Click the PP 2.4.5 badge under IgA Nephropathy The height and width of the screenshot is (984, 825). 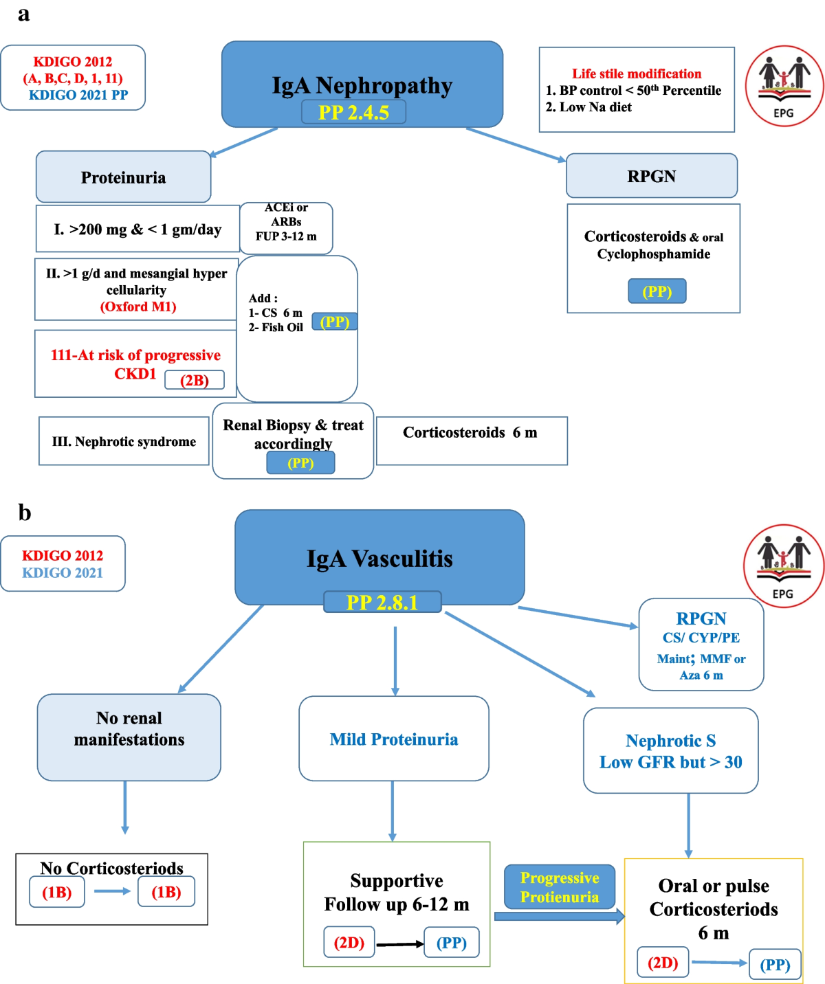point(353,112)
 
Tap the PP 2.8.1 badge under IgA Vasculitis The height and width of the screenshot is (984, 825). point(382,602)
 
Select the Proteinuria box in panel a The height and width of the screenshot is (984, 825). point(123,177)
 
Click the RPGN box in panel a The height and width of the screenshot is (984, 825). point(651,176)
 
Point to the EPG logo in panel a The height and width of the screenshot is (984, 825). point(784,86)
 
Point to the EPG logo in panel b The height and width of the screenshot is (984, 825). point(783,566)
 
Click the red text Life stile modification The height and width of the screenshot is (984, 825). point(637,74)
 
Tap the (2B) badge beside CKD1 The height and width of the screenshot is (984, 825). point(195,380)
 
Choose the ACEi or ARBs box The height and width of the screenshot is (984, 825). point(286,222)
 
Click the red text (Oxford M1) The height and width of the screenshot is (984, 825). point(138,306)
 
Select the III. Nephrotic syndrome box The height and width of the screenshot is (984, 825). point(124,441)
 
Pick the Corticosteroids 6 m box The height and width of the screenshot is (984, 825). point(471,440)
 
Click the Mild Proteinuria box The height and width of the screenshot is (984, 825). point(393,739)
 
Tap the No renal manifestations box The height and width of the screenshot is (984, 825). point(129,737)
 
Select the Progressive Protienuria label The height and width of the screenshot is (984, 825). point(560,887)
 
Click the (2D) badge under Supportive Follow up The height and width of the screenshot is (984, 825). point(349,942)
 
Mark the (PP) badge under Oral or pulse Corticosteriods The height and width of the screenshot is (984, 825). point(775,965)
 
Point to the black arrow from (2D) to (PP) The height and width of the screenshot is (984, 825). point(399,944)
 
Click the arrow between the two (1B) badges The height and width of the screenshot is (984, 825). point(112,891)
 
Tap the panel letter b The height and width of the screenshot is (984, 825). point(25,513)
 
